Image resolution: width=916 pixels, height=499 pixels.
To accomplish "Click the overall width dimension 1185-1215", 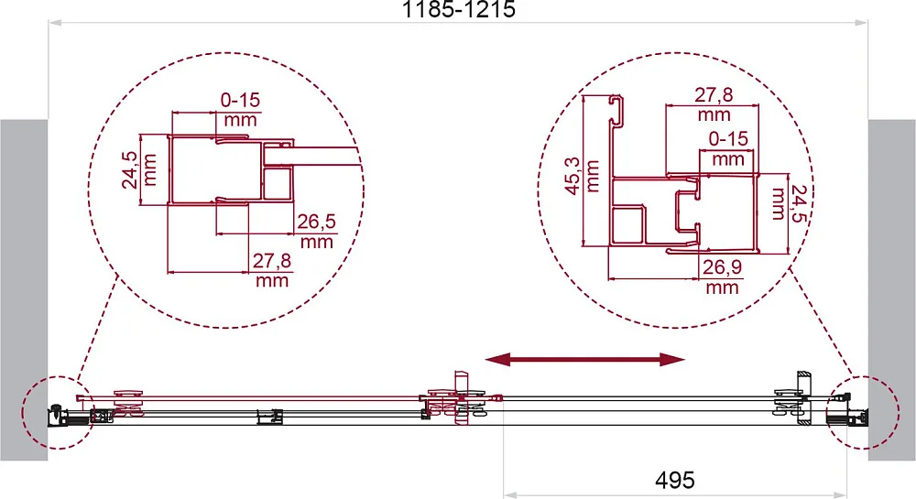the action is click(x=459, y=9).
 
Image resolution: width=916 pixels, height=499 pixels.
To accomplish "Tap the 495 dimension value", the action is click(x=675, y=480).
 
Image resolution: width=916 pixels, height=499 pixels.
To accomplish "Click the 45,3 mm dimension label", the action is click(x=582, y=176).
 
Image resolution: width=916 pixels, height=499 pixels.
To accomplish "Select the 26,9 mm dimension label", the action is click(x=722, y=277).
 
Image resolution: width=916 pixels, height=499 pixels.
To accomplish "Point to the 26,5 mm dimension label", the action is click(x=317, y=231).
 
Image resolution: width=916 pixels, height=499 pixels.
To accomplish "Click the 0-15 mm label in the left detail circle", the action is click(x=240, y=110).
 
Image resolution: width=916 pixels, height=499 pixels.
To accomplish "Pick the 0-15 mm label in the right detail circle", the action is click(x=728, y=148).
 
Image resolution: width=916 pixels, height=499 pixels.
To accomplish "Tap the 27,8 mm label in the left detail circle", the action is click(x=272, y=269).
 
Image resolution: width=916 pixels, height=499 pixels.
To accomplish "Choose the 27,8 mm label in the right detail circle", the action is click(x=714, y=103).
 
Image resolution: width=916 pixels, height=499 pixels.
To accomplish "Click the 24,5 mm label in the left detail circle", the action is click(x=139, y=169).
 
